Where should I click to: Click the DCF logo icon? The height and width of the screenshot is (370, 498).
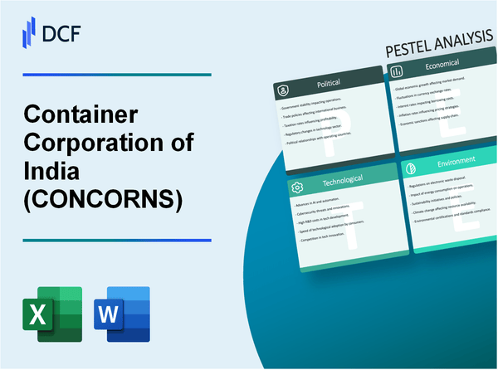(x=28, y=31)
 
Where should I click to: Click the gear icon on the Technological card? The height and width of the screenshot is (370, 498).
(x=295, y=187)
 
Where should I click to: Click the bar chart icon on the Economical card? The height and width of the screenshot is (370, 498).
(x=401, y=86)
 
